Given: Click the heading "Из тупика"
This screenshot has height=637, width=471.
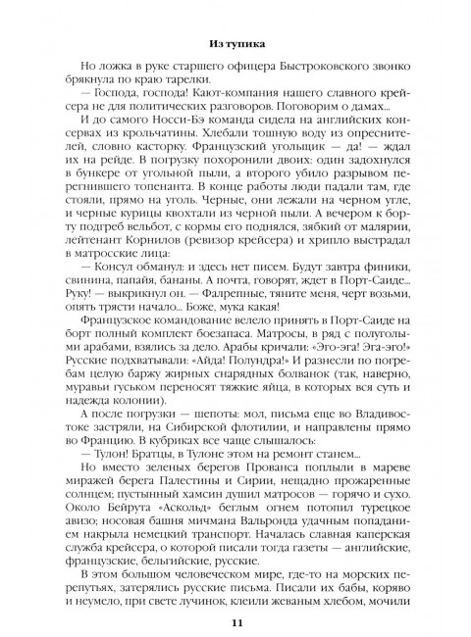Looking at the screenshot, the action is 235,43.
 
